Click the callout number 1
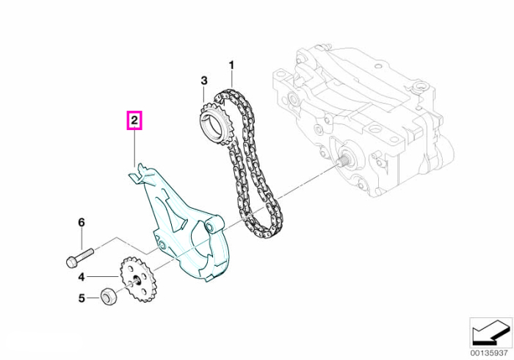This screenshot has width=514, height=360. click(x=231, y=65)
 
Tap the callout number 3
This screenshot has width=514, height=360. click(x=204, y=81)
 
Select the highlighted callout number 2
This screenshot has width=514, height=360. click(x=134, y=120)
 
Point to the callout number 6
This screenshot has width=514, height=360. click(x=82, y=223)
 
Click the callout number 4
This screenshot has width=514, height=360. click(x=82, y=278)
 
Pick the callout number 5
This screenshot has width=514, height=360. click(x=82, y=298)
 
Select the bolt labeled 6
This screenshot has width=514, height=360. click(x=79, y=258)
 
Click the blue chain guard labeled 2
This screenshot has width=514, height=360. click(x=184, y=226)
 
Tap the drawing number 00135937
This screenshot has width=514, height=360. click(x=491, y=353)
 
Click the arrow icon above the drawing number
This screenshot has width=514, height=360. click(x=491, y=333)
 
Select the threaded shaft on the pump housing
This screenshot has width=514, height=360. click(x=344, y=162)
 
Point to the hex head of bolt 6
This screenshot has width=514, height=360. click(x=72, y=262)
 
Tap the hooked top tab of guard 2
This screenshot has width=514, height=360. click(x=138, y=173)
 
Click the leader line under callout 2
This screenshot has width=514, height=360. click(x=134, y=148)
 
